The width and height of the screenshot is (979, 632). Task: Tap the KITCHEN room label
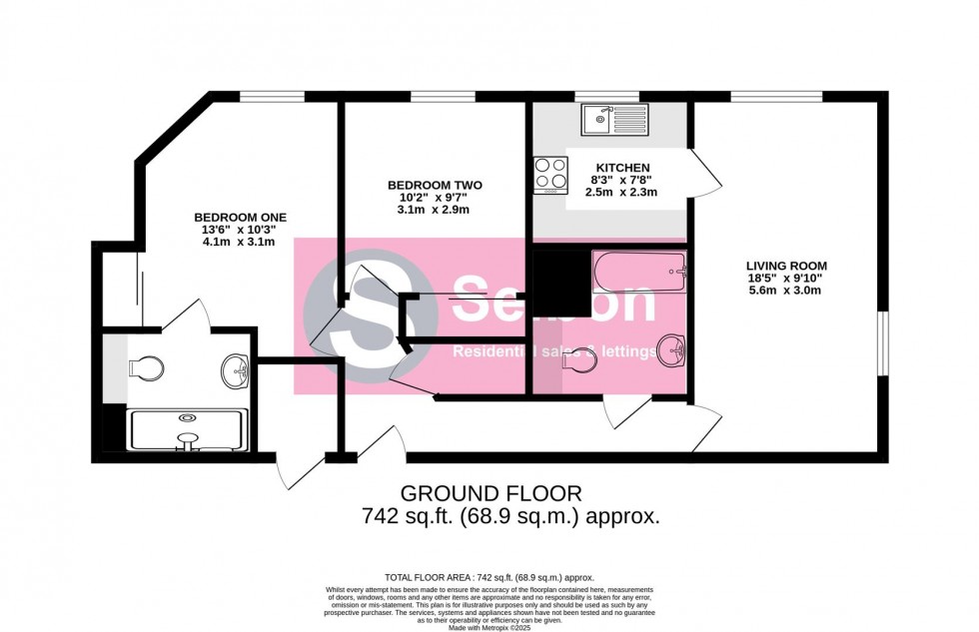(622, 168)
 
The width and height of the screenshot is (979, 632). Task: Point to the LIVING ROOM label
(786, 266)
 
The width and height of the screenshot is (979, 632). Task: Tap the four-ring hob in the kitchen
(549, 173)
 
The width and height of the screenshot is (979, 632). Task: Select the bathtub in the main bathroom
(639, 271)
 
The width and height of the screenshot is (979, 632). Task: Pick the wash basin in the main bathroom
(671, 350)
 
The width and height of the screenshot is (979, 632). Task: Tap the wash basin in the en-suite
(237, 368)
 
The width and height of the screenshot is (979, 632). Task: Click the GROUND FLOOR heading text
(489, 493)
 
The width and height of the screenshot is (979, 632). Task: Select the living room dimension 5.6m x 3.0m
(786, 292)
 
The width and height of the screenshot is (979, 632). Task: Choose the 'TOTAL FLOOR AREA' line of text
(489, 578)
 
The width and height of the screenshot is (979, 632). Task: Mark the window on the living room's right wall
(883, 344)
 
